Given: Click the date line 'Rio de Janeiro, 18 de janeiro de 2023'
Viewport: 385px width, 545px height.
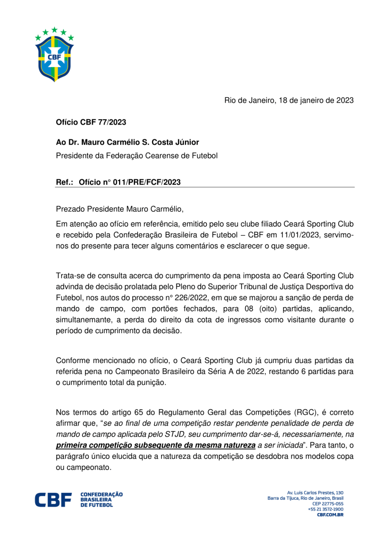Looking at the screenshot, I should pos(289,100).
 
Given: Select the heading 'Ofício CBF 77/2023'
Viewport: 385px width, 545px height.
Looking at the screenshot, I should pos(91,122).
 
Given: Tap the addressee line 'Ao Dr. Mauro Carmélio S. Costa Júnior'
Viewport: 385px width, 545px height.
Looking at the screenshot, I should pos(128,143).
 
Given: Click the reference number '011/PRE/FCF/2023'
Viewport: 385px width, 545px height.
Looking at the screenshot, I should pos(147,183).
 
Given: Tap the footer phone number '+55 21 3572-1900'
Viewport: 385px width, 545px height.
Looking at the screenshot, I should pos(325,509).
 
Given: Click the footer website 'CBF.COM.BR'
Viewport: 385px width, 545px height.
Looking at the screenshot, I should pos(330,515).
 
